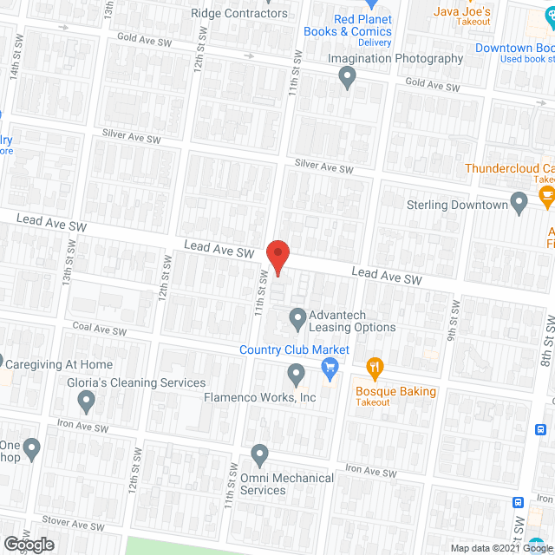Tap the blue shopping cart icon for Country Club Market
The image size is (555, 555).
(x=330, y=369)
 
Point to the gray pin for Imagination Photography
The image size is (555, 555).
(x=348, y=79)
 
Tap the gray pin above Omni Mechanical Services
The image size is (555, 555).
(x=259, y=454)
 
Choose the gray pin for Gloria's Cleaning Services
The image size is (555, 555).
(x=86, y=401)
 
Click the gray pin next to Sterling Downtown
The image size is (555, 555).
(x=519, y=204)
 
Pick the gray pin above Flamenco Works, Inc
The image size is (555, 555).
(x=296, y=375)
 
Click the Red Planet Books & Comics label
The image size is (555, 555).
(x=348, y=26)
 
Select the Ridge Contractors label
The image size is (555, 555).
(x=239, y=13)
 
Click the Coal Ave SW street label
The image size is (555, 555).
(x=100, y=330)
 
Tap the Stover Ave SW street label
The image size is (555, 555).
(x=74, y=526)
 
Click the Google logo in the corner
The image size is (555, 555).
(x=28, y=545)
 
